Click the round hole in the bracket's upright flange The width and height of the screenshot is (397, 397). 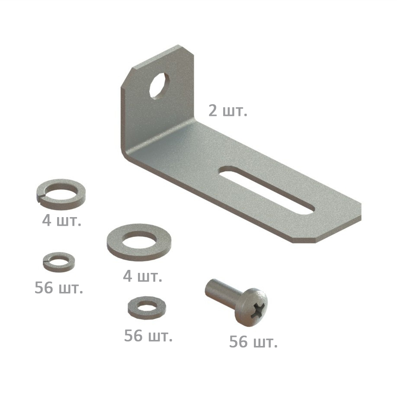(158, 85)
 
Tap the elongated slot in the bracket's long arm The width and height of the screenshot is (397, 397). (267, 190)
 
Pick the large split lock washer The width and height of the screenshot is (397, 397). (61, 194)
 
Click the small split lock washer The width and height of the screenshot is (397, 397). (59, 262)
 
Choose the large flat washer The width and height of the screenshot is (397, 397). (139, 242)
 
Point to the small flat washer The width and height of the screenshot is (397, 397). (147, 308)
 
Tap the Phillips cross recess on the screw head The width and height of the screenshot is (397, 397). (258, 309)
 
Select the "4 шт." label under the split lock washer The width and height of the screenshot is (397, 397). (61, 221)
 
